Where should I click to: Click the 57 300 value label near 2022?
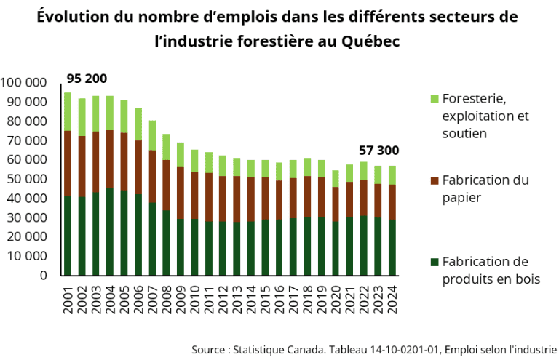(379, 151)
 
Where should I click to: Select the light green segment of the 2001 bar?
(68, 111)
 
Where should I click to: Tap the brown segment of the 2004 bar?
(110, 159)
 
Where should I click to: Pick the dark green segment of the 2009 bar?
(181, 247)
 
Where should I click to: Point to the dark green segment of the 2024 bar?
(392, 247)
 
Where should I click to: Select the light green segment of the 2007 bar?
(152, 135)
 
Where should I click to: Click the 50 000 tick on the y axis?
(27, 179)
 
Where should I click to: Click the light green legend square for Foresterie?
(435, 99)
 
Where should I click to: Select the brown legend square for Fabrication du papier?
(435, 180)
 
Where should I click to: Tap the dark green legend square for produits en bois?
(435, 262)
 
